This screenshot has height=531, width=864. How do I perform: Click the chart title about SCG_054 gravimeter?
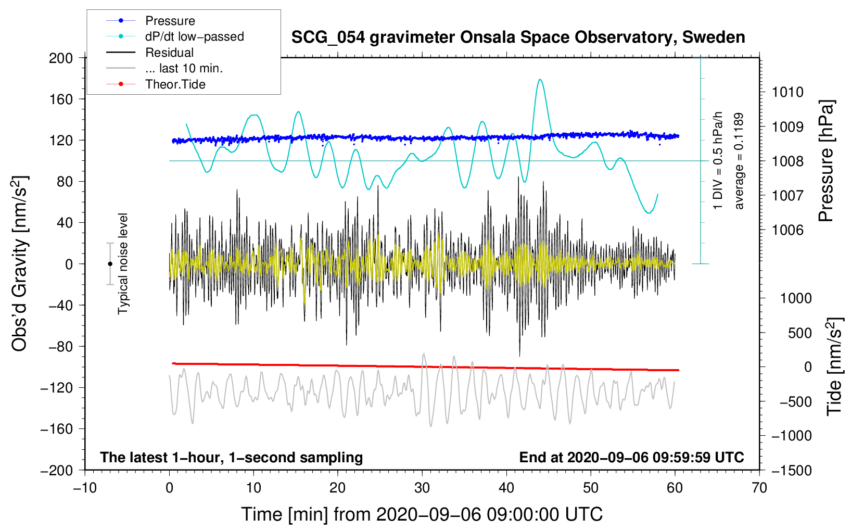click(x=518, y=37)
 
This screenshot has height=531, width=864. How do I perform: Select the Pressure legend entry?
click(x=170, y=21)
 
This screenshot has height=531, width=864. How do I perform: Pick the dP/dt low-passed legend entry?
click(x=194, y=36)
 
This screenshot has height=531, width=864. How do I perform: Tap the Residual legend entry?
click(x=169, y=53)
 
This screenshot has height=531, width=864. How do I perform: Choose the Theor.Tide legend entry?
click(x=175, y=84)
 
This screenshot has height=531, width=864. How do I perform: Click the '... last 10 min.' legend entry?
click(x=184, y=68)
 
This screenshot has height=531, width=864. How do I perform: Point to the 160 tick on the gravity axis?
click(x=61, y=99)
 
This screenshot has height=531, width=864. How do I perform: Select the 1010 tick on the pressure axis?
click(x=787, y=92)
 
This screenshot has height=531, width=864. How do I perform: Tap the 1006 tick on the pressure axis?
click(x=787, y=230)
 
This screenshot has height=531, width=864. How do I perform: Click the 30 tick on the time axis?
click(x=422, y=488)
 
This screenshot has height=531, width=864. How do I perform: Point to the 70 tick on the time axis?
click(x=759, y=488)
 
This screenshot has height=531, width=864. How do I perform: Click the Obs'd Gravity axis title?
click(x=19, y=264)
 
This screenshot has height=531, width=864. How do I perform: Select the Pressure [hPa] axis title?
click(x=826, y=161)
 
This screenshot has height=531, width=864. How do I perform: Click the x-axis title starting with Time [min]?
click(x=422, y=514)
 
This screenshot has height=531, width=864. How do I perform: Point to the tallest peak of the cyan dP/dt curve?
click(x=540, y=80)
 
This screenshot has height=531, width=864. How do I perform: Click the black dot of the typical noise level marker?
click(x=110, y=264)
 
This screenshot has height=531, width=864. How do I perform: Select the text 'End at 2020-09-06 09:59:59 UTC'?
click(x=631, y=457)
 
